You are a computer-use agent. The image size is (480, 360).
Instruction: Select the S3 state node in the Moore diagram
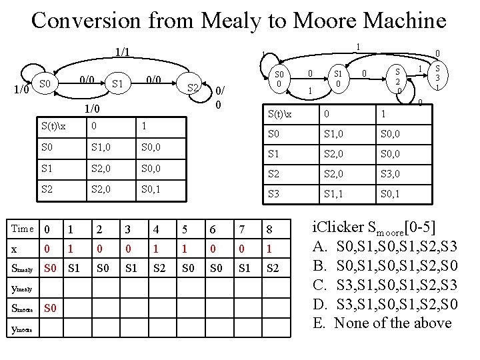(x=437, y=77)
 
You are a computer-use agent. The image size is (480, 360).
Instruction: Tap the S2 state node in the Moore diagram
(x=398, y=80)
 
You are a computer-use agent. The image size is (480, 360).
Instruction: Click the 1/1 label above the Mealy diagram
(x=122, y=51)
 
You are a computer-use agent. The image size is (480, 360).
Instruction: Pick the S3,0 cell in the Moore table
(x=391, y=175)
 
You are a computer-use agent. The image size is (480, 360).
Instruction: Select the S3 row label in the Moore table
(x=273, y=194)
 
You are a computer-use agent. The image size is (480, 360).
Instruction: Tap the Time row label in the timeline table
(x=22, y=229)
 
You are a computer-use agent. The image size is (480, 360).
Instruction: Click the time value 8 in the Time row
(x=268, y=229)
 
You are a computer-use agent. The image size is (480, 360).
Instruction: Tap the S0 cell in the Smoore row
(x=50, y=309)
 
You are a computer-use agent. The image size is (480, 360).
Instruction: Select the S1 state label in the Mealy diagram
(x=118, y=84)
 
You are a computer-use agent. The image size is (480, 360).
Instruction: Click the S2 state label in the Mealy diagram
(x=193, y=88)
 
